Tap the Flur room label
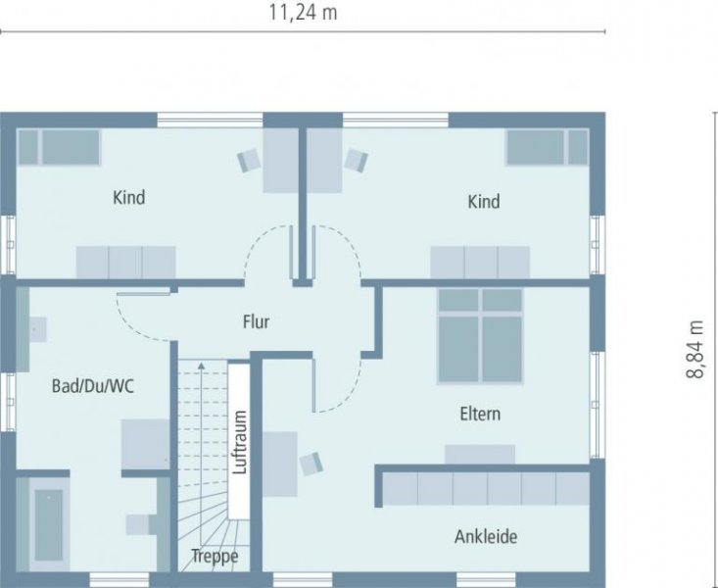pos(256,321)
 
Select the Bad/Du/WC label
pos(92,386)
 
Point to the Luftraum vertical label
pos(238,441)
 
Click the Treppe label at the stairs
pos(215,557)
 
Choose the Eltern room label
pos(480,414)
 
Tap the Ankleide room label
pos(485,537)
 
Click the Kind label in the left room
pos(129,198)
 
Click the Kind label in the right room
pos(483,202)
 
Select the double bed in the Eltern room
pos(479,336)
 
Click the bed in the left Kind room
pos(60,147)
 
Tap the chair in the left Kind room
pos(248,160)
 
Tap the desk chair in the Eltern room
pos(311,462)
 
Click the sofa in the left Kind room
pos(126,263)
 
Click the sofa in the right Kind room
pos(480,263)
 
